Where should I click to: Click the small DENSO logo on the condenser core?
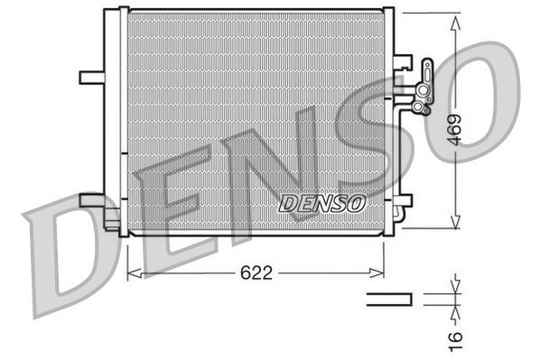pyautogui.click(x=321, y=204)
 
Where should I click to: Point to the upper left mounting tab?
pyautogui.click(x=90, y=77)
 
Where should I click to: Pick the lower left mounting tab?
pyautogui.click(x=92, y=199)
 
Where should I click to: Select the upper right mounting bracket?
pyautogui.click(x=402, y=63)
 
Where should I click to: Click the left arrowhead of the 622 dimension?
pyautogui.click(x=133, y=271)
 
